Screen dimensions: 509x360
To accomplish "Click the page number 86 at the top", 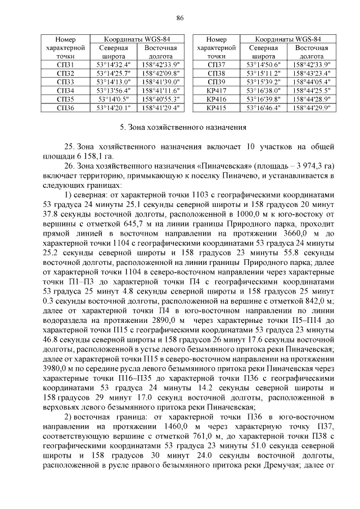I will (x=180, y=18).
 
